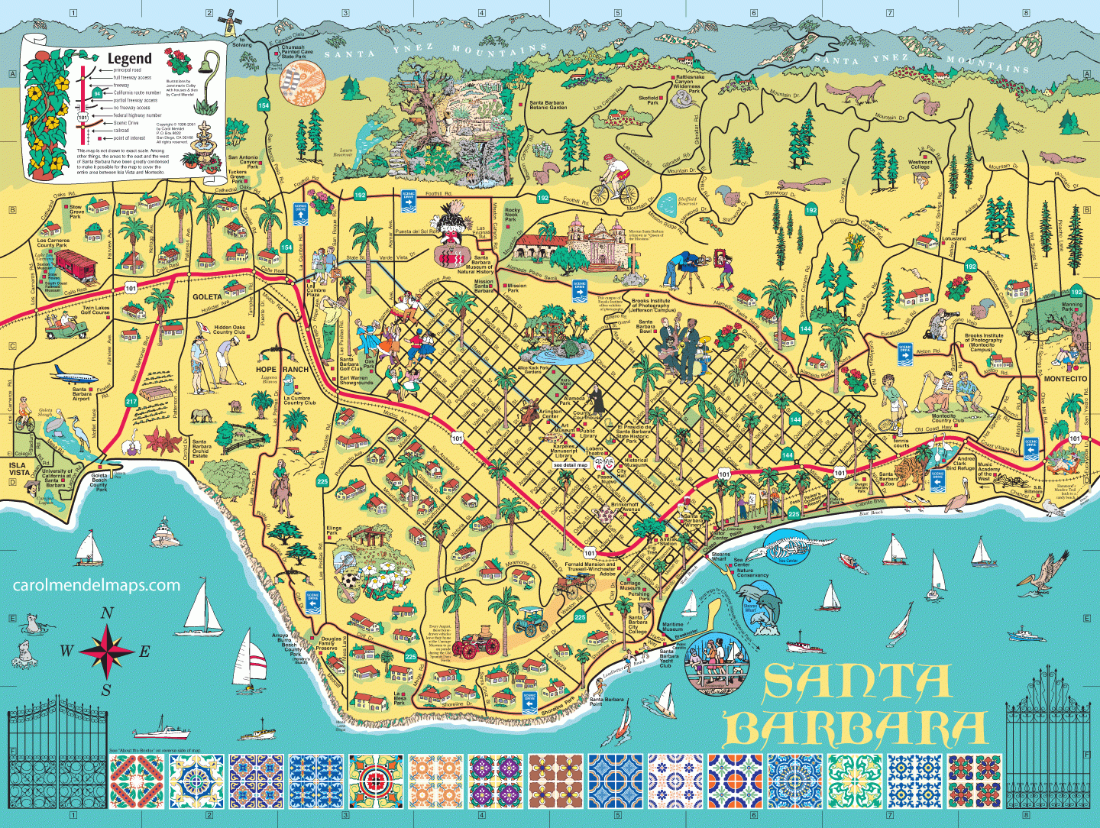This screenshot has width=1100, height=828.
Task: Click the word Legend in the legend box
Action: (x=129, y=59)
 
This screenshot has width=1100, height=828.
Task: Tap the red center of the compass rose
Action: (x=107, y=652)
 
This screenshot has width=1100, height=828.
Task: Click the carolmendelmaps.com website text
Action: (x=97, y=586)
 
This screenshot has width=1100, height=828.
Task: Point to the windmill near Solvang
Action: (x=228, y=23)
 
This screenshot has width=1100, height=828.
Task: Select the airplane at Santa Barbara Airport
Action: (x=75, y=377)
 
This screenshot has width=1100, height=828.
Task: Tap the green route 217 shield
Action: (x=131, y=401)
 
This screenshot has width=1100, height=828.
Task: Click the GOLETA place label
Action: (x=207, y=296)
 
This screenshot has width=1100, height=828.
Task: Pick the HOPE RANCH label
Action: (x=282, y=369)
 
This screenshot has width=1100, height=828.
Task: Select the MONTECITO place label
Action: (x=1065, y=379)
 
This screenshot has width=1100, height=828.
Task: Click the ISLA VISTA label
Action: (x=18, y=468)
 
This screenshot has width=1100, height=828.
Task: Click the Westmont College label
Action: (x=920, y=164)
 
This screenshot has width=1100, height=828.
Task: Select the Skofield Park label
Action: (x=649, y=100)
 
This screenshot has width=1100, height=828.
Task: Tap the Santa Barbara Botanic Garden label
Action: (x=548, y=105)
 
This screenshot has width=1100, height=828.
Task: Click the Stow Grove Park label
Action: (x=76, y=212)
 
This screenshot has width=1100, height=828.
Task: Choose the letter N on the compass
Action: (x=107, y=613)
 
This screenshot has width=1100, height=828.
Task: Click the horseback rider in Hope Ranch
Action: (x=281, y=489)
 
